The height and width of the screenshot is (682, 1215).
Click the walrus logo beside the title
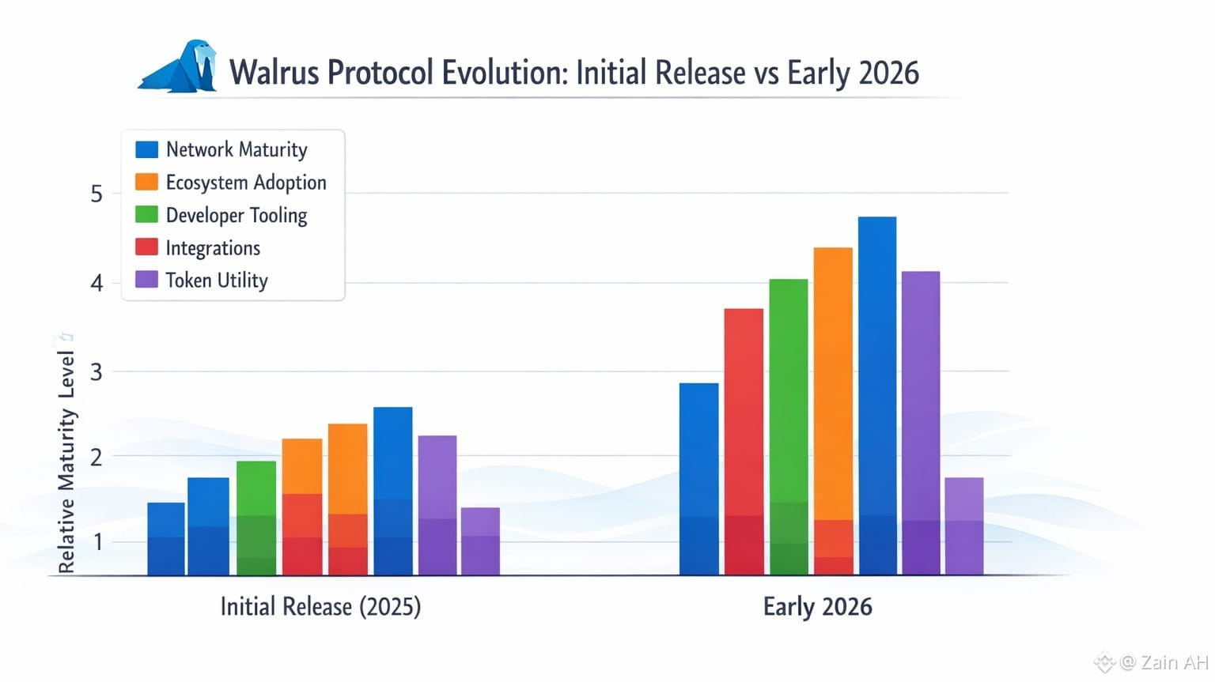[x=182, y=68]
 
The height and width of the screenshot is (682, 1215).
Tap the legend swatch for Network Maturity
[x=147, y=149]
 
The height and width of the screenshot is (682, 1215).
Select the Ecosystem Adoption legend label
[x=246, y=183]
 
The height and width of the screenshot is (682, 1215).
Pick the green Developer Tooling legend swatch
[x=147, y=215]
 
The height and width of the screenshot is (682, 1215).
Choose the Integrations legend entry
[x=213, y=248]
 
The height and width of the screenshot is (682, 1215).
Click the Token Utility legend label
[x=217, y=281]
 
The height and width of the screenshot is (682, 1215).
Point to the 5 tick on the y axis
[x=97, y=194]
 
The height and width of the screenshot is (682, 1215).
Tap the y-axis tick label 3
[x=97, y=371]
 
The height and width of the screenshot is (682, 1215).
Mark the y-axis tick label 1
[x=98, y=542]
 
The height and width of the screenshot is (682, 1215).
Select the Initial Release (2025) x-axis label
[x=320, y=607]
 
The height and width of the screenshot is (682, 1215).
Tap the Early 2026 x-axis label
[x=817, y=607]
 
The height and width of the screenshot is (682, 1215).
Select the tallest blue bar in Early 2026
[x=877, y=395]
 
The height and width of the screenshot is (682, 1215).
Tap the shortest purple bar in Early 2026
[x=964, y=526]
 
